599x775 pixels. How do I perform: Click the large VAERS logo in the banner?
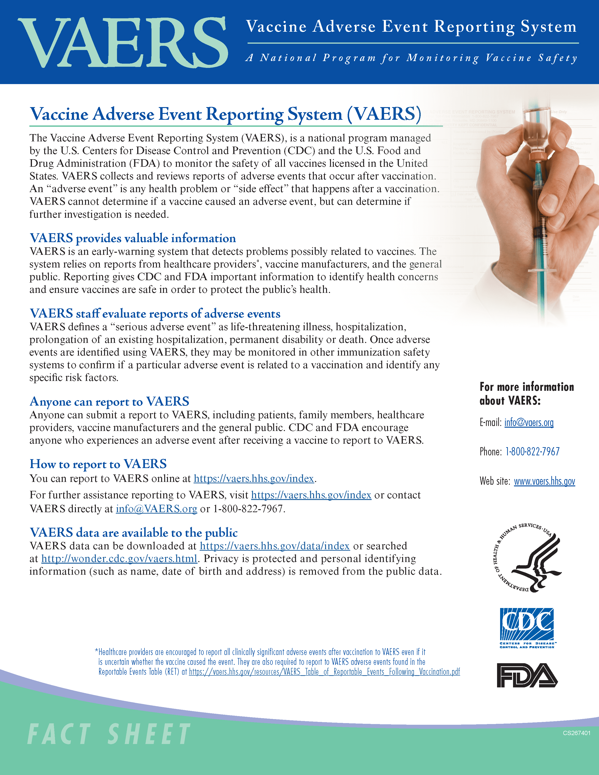[122, 43]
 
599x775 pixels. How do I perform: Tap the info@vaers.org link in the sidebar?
[529, 422]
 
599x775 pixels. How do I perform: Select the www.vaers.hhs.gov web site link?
[544, 481]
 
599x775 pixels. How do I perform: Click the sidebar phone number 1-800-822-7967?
[532, 452]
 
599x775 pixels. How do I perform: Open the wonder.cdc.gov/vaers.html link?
[119, 558]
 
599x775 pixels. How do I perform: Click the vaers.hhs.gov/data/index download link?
[275, 546]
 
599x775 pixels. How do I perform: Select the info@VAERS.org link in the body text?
[156, 509]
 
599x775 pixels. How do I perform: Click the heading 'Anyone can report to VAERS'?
[109, 401]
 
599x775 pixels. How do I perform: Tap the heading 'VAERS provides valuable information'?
[133, 238]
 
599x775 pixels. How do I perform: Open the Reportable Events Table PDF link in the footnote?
[324, 672]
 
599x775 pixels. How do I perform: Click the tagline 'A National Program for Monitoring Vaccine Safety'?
[412, 58]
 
